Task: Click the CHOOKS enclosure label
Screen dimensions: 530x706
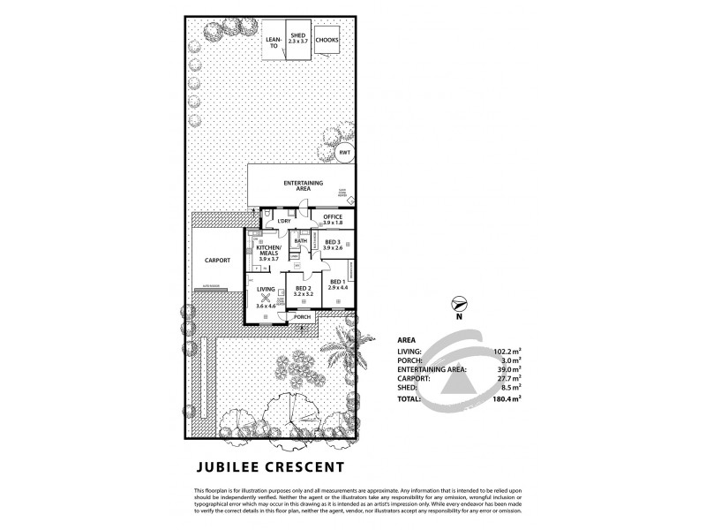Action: tap(327, 41)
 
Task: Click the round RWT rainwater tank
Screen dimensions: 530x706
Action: tap(344, 153)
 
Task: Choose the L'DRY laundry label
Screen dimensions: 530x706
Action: tap(284, 221)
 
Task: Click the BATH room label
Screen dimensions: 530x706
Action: tap(300, 240)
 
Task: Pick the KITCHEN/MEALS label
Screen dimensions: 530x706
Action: tap(267, 253)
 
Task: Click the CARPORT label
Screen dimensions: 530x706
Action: tap(217, 261)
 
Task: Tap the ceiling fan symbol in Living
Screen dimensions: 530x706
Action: tap(265, 297)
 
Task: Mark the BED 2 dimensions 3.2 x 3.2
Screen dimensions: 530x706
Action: tap(303, 294)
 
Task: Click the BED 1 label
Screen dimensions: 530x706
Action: tap(338, 282)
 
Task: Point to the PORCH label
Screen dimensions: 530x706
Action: tap(303, 316)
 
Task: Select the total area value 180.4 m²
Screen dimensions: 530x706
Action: tap(504, 397)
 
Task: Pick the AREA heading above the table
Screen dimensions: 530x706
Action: tap(407, 338)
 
